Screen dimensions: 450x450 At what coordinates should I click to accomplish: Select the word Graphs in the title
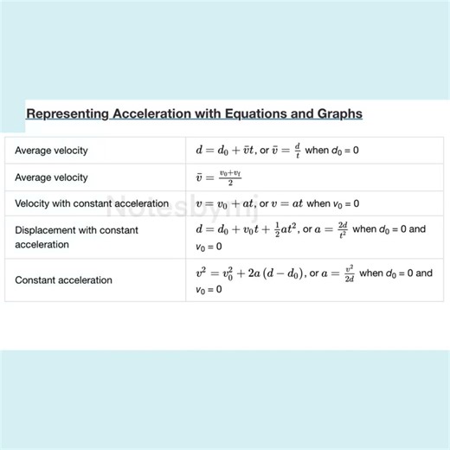[x=338, y=114]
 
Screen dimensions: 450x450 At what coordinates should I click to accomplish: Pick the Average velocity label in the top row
[x=51, y=151]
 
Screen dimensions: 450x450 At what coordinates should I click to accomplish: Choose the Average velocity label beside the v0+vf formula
[x=51, y=177]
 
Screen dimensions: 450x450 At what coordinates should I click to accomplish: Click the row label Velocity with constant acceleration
[x=92, y=204]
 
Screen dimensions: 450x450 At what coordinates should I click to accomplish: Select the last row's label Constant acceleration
[x=63, y=280]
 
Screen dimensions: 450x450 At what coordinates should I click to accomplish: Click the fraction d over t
[x=297, y=150]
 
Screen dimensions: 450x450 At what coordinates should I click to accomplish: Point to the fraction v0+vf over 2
[x=229, y=177]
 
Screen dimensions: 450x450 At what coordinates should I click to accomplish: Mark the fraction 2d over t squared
[x=344, y=230]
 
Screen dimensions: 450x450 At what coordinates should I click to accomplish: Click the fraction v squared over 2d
[x=350, y=273]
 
